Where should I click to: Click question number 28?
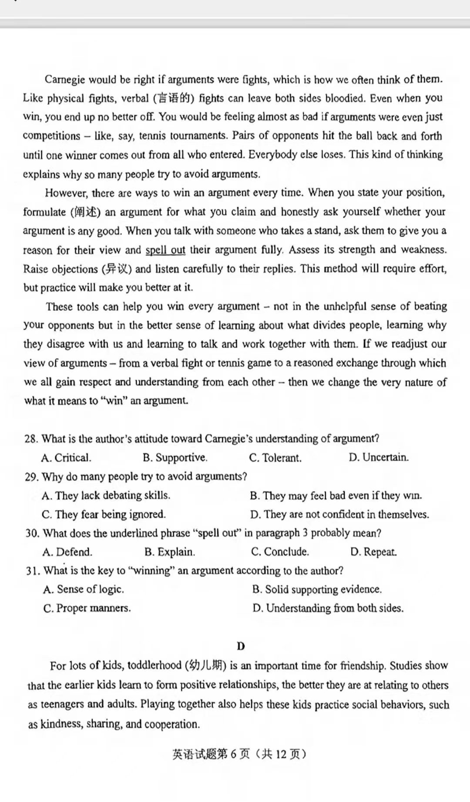[x=31, y=439]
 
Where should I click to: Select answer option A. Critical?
[x=66, y=458]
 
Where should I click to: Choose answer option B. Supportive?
[x=175, y=458]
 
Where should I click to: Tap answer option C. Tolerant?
[x=275, y=458]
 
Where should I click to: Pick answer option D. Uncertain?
[x=379, y=457]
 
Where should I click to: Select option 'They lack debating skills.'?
[x=106, y=496]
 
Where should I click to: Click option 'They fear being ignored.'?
[x=104, y=514]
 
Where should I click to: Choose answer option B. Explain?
[x=170, y=552]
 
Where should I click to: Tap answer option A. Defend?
[x=67, y=552]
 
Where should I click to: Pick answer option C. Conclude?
[x=280, y=552]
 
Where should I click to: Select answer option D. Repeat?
[x=373, y=552]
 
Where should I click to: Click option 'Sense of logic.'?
[x=84, y=589]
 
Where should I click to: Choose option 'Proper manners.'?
[x=87, y=608]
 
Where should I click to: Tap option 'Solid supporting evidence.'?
[x=317, y=590]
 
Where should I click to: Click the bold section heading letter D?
[x=241, y=646]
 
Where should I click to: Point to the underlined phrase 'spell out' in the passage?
[x=165, y=250]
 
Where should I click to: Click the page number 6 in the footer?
[x=233, y=754]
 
